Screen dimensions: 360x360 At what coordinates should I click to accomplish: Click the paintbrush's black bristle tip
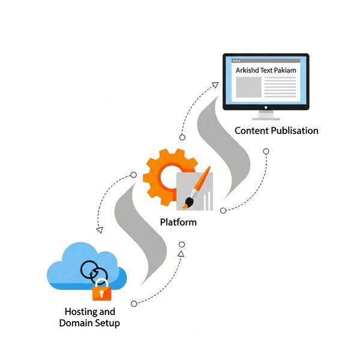[189, 203]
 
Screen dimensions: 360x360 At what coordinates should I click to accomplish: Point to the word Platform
[178, 222]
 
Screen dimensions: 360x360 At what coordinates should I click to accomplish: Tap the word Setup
[107, 323]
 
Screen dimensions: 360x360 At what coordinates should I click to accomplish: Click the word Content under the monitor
[251, 131]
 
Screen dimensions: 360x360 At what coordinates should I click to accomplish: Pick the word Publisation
[295, 131]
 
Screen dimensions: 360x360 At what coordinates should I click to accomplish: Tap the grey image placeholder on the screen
[248, 87]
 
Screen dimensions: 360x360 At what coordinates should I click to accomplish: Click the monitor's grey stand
[266, 115]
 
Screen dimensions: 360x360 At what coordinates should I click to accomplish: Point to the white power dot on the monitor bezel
[266, 107]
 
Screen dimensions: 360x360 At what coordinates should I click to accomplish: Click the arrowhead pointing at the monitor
[215, 85]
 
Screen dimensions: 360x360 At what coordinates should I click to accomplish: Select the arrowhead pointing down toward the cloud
[100, 230]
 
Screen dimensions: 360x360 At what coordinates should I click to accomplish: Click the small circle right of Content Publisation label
[266, 151]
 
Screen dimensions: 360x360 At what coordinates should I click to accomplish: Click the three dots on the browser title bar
[236, 61]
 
